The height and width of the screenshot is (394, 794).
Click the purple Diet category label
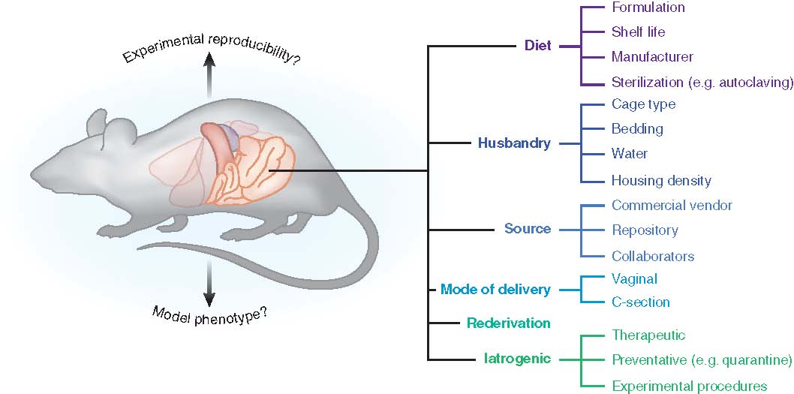click(x=537, y=46)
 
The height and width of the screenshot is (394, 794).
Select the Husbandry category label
click(x=514, y=143)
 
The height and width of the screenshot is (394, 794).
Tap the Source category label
click(x=528, y=229)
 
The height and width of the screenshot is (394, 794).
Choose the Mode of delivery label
click(x=495, y=290)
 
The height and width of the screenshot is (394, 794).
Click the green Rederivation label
click(x=509, y=323)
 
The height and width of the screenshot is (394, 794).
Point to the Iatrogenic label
click(x=517, y=359)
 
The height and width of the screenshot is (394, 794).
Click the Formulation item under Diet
click(x=648, y=8)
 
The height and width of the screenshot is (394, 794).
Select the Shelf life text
click(x=638, y=32)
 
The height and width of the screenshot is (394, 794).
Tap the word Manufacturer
click(x=652, y=57)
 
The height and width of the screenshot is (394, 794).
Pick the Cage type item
click(x=643, y=104)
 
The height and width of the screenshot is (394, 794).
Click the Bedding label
click(x=637, y=129)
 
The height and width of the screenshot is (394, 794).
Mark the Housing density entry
click(x=661, y=181)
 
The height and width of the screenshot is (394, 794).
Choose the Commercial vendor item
click(x=672, y=206)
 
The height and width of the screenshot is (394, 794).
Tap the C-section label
click(x=641, y=302)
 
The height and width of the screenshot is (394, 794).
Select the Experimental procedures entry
click(x=689, y=386)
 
